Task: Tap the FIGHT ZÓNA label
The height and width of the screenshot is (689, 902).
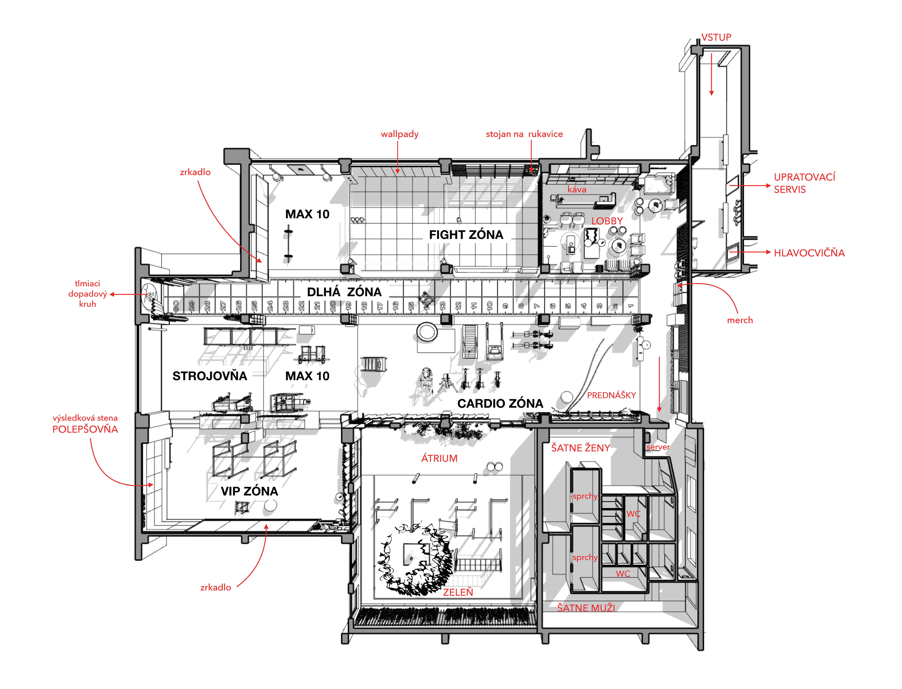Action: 466,235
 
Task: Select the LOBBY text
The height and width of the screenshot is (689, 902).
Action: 607,221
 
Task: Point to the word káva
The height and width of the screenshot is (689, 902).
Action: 577,189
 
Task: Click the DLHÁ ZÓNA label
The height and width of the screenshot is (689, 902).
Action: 344,292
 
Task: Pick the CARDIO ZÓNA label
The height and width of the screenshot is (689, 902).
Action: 500,404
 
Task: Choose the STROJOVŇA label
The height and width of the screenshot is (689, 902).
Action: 210,376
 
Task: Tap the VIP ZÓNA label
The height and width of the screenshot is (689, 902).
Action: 249,491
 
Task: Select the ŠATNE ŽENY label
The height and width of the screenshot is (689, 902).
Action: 581,448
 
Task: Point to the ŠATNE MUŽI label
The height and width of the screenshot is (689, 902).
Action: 586,608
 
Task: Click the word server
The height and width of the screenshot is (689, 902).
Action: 658,447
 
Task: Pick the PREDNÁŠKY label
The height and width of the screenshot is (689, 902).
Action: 611,395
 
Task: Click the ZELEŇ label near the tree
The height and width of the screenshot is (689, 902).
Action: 458,592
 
